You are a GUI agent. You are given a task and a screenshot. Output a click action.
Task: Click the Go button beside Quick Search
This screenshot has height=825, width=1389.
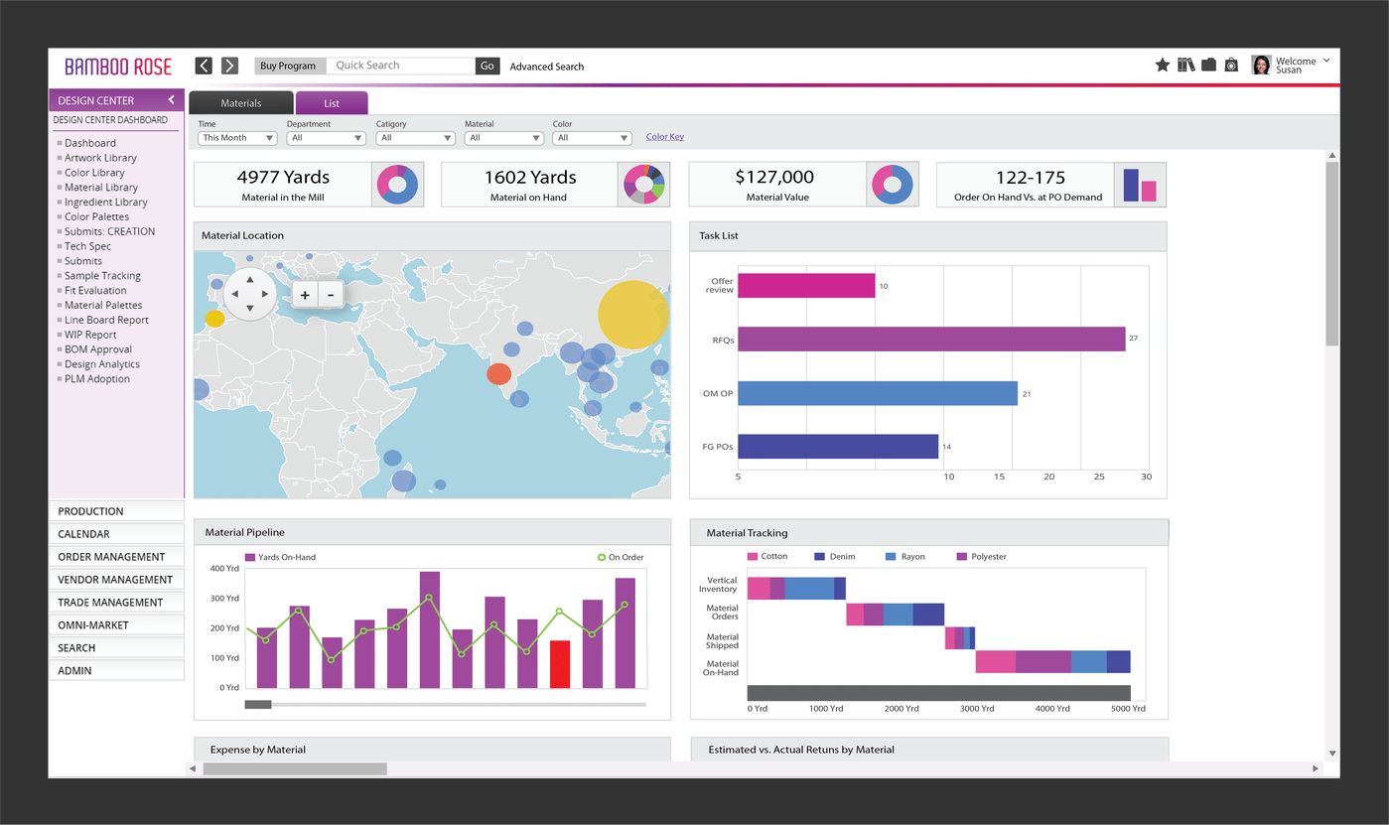(x=486, y=66)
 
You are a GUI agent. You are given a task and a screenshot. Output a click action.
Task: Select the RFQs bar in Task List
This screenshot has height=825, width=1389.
(x=931, y=340)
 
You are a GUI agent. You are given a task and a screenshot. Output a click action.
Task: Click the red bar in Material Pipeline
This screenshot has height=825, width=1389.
(x=560, y=664)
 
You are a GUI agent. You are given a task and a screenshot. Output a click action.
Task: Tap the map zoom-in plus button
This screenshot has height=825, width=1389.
(x=305, y=295)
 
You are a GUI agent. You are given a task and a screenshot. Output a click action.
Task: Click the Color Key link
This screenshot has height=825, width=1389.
(x=664, y=137)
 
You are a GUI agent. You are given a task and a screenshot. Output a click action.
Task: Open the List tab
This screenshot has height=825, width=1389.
(x=332, y=103)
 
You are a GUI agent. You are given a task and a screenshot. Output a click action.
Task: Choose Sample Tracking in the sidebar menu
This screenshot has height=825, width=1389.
(x=102, y=276)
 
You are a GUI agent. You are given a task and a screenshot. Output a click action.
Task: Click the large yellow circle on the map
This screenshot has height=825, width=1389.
(x=633, y=315)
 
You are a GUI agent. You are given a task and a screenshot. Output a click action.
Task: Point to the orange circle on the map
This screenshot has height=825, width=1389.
(x=499, y=374)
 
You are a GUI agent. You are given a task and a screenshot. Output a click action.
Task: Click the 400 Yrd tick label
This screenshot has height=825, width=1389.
(x=224, y=569)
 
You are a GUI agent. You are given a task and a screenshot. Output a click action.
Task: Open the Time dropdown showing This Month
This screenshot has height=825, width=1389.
(x=237, y=138)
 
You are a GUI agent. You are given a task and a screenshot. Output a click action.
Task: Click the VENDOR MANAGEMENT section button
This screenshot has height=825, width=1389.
(x=115, y=580)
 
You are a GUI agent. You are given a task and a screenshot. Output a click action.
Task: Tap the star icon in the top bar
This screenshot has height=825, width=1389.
(x=1162, y=65)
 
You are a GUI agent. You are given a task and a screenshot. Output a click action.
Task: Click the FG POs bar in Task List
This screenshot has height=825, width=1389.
(x=838, y=447)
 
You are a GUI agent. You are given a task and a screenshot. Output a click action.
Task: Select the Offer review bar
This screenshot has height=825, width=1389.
(x=806, y=286)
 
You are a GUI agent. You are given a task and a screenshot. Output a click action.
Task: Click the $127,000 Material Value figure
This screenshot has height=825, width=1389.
(x=774, y=178)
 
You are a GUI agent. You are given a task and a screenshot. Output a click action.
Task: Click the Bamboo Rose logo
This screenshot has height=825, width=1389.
(x=118, y=67)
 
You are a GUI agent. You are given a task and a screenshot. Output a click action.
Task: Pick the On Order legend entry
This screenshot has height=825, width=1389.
(x=621, y=558)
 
